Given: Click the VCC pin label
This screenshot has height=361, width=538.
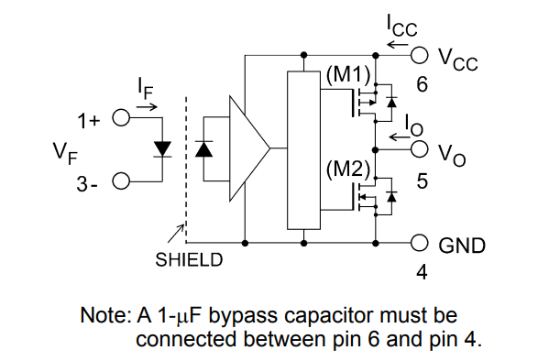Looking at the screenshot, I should pos(457,60).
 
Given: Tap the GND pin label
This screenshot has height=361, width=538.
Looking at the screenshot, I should pos(463,246).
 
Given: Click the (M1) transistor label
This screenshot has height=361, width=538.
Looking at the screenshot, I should pos(346,75).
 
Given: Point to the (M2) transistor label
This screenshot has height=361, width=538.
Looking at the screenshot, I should pos(346,170).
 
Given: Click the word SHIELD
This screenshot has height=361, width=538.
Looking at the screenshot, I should pos(189,259).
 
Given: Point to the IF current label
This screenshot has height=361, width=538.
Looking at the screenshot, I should pos(145,89).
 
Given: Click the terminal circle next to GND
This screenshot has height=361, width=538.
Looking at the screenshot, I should pos(420,244).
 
